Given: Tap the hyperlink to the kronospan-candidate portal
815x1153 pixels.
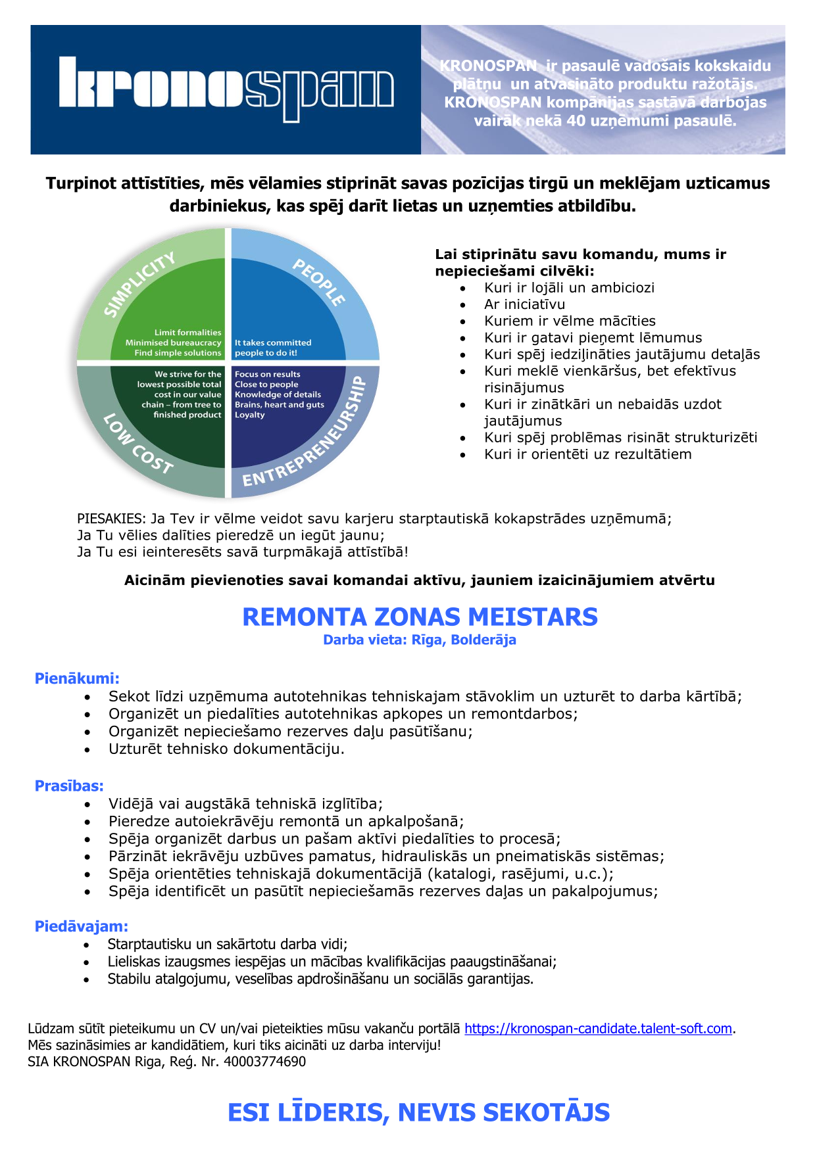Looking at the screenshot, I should click(598, 1029).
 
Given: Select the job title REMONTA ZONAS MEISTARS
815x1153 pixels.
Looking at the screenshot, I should click(420, 617).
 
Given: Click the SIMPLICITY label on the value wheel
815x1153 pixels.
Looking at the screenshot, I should click(139, 284).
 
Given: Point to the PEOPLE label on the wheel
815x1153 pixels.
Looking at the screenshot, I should click(319, 282).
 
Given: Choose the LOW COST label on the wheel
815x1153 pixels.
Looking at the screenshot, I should click(138, 444).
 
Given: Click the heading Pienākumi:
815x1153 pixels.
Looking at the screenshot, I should click(77, 678).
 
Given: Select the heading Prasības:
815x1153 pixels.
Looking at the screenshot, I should click(69, 786).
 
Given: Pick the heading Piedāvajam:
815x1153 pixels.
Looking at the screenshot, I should click(81, 926).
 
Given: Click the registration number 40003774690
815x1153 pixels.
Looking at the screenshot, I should click(264, 1062).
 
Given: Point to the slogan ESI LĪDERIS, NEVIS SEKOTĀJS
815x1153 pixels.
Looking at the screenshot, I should click(418, 1112).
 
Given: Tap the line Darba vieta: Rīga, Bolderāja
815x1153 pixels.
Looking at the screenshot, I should click(419, 640).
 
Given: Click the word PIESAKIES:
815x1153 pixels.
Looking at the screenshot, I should click(111, 519).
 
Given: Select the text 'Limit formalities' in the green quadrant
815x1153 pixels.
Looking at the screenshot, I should click(187, 333).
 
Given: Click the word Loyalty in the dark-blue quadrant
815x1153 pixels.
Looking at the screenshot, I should click(250, 415).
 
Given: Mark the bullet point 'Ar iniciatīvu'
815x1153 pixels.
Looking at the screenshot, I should click(524, 304).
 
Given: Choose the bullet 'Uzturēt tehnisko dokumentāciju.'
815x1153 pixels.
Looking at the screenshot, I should click(226, 749).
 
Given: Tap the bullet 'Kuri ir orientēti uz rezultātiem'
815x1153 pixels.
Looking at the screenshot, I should click(587, 454).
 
